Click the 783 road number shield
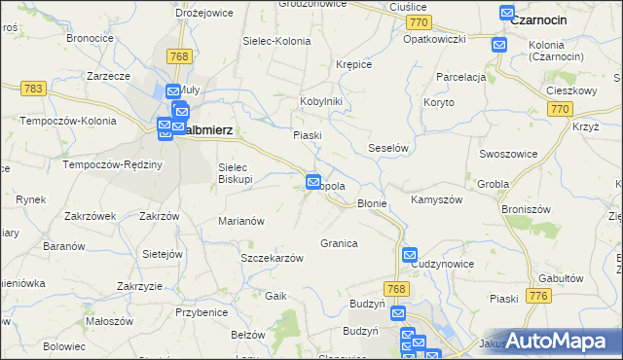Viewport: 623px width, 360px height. tap(32, 89)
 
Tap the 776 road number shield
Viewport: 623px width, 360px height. tap(536, 295)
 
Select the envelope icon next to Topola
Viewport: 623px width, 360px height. tap(313, 181)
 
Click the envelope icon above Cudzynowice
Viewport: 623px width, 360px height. tap(410, 254)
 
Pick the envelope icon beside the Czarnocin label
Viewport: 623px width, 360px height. tap(507, 14)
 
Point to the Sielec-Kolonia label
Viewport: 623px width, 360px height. tap(277, 42)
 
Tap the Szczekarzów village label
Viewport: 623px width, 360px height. tap(272, 258)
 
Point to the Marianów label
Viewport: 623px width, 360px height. tap(241, 221)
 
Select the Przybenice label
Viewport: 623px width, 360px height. tap(202, 312)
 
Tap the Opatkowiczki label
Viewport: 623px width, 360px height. tap(435, 39)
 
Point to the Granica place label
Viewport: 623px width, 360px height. tap(339, 243)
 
